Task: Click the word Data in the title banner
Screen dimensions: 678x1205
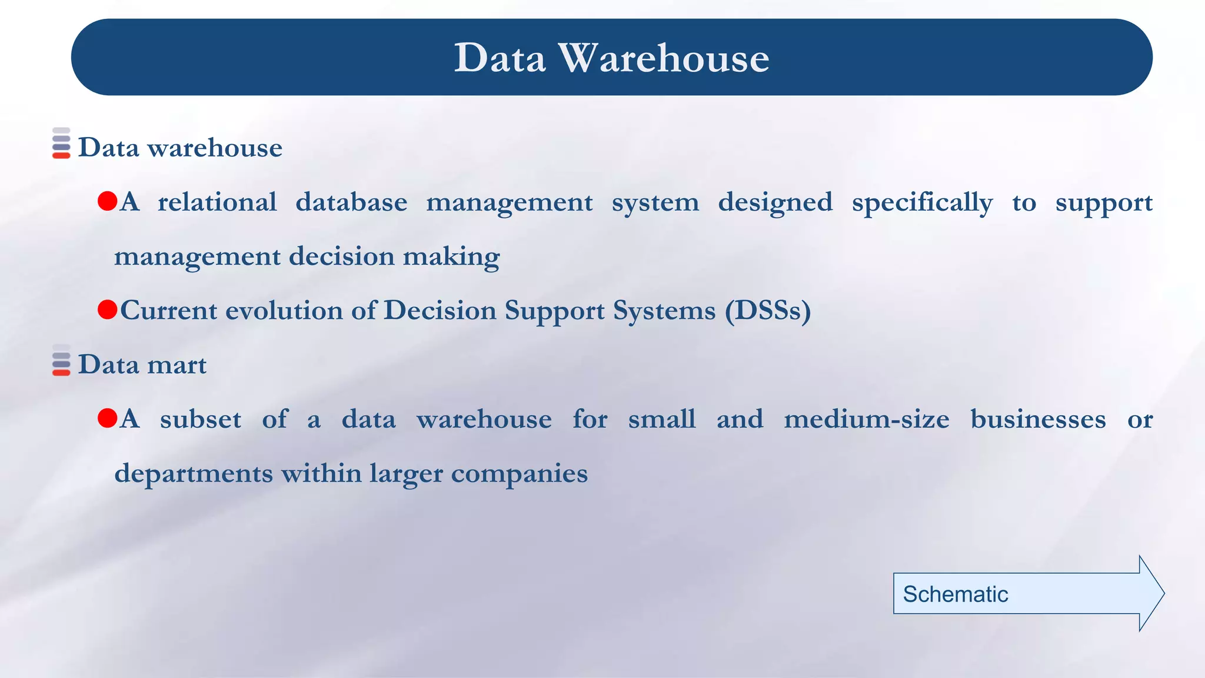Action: pyautogui.click(x=500, y=58)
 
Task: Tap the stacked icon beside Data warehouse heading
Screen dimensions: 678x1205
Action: pyautogui.click(x=61, y=143)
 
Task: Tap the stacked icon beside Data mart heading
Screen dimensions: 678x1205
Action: pyautogui.click(x=61, y=360)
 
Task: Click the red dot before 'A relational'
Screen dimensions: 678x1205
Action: pyautogui.click(x=108, y=201)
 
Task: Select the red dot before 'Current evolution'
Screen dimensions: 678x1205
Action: pyautogui.click(x=108, y=310)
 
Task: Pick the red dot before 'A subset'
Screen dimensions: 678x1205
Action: pyautogui.click(x=108, y=418)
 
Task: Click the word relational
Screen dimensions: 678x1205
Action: pyautogui.click(x=217, y=202)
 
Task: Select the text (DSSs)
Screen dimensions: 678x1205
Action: pyautogui.click(x=767, y=311)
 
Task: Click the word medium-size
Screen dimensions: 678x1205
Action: pyautogui.click(x=866, y=420)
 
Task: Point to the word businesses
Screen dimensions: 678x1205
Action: pyautogui.click(x=1038, y=420)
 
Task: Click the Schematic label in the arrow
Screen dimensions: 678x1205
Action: pyautogui.click(x=955, y=594)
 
